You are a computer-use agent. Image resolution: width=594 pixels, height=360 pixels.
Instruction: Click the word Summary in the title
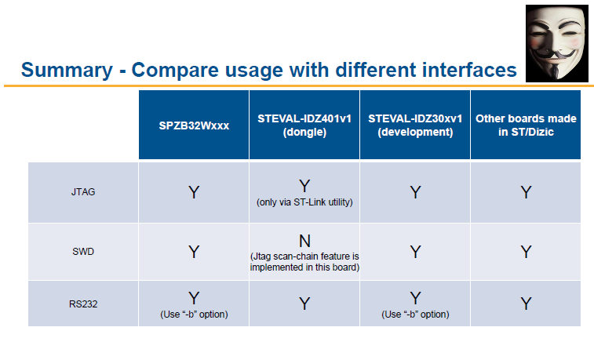[67, 70]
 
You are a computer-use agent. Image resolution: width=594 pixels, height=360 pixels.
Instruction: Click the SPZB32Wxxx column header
[194, 125]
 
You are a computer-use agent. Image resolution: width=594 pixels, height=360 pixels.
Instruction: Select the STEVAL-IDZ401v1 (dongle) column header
[304, 125]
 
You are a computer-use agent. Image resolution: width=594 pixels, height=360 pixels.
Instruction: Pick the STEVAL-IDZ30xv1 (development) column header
[415, 125]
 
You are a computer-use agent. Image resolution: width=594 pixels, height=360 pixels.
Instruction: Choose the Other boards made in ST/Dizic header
[526, 125]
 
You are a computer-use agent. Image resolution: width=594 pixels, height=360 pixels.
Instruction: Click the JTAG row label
[83, 192]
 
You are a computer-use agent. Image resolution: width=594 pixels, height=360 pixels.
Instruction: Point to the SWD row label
[83, 251]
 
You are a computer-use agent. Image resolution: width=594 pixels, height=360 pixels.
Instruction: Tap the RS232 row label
[83, 304]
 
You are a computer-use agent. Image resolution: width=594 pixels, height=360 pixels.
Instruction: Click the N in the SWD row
[304, 241]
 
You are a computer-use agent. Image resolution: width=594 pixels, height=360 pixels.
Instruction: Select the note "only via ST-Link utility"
[304, 202]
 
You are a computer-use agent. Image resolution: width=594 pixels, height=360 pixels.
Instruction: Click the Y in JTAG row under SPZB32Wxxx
[194, 192]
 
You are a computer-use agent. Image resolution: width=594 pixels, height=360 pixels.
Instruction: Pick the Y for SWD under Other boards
[526, 252]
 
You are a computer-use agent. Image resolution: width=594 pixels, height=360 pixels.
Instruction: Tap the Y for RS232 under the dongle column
[304, 304]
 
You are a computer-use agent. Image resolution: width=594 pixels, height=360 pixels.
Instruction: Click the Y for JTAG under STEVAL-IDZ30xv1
[415, 192]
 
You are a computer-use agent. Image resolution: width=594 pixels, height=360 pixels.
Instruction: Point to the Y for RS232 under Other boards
[526, 304]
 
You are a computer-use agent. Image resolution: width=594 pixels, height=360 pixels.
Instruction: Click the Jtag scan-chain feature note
[304, 262]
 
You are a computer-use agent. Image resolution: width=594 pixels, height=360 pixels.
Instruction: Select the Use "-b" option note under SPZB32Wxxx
[194, 315]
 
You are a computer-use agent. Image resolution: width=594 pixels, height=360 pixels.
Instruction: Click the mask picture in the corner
[557, 43]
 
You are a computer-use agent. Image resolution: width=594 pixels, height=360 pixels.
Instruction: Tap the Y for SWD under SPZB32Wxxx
[194, 252]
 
